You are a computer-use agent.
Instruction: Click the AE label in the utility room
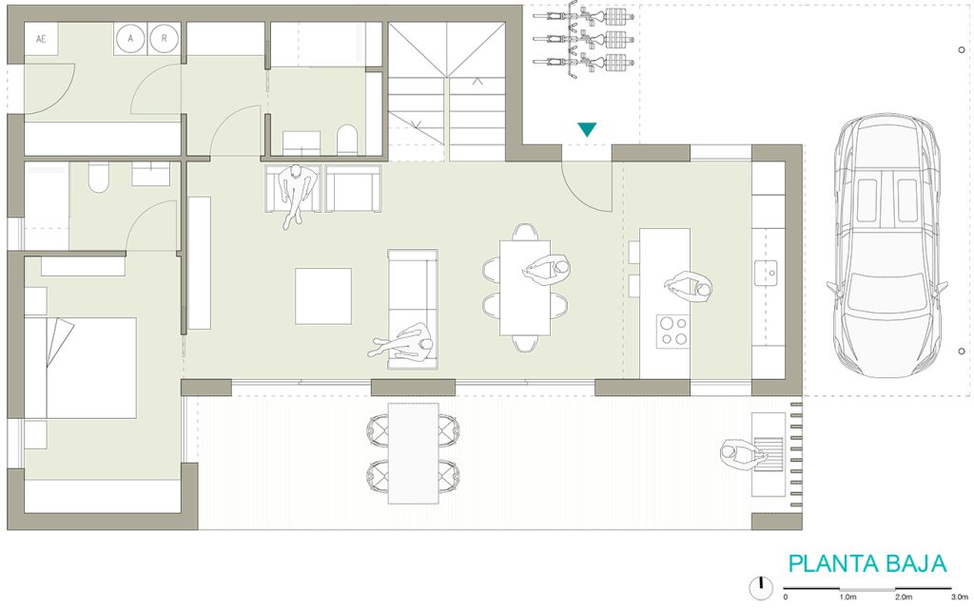pyautogui.click(x=41, y=39)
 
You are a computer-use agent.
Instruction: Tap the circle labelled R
pyautogui.click(x=164, y=39)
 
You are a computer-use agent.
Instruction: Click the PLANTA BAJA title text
pyautogui.click(x=867, y=563)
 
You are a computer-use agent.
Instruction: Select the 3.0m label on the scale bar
pyautogui.click(x=959, y=597)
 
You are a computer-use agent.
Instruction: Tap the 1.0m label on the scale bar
pyautogui.click(x=847, y=597)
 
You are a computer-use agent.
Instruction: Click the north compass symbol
pyautogui.click(x=760, y=587)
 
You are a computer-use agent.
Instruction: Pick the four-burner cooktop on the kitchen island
pyautogui.click(x=673, y=331)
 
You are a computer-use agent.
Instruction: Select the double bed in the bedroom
pyautogui.click(x=81, y=367)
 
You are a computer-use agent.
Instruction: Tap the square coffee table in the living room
pyautogui.click(x=322, y=295)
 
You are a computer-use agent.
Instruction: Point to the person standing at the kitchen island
pyautogui.click(x=689, y=286)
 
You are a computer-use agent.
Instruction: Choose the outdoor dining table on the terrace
pyautogui.click(x=414, y=452)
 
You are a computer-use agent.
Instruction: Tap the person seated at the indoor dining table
pyautogui.click(x=548, y=272)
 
